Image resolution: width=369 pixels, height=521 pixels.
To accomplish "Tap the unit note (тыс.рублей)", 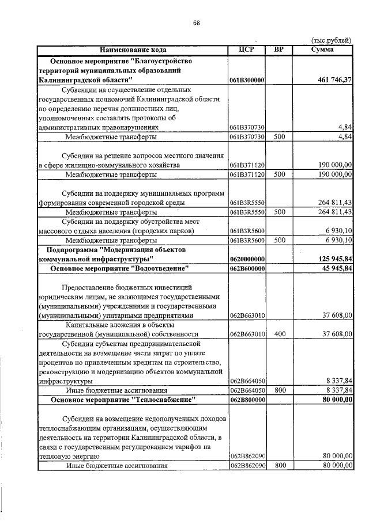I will pos(330,40).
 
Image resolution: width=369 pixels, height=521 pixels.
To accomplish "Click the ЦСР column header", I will pos(246,50).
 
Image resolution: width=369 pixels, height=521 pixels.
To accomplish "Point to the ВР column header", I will pos(278,50).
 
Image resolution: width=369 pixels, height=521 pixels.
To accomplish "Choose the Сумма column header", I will pos(322,50).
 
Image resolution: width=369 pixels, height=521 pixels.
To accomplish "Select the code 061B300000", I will pos(247,81).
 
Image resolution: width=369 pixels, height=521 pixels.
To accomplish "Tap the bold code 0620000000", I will pos(247,260).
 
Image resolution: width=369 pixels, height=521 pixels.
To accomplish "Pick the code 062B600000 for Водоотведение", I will pos(247,269).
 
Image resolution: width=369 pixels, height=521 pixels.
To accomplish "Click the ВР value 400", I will pos(280,334).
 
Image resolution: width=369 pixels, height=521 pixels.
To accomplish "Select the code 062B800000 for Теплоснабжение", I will pos(247,399).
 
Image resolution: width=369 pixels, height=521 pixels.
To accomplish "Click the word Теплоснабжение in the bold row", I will pos(164,399).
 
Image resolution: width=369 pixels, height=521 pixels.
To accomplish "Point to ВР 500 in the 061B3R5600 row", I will pos(280,240).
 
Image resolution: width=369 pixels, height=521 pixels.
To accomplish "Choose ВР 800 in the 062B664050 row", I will pos(280,390).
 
